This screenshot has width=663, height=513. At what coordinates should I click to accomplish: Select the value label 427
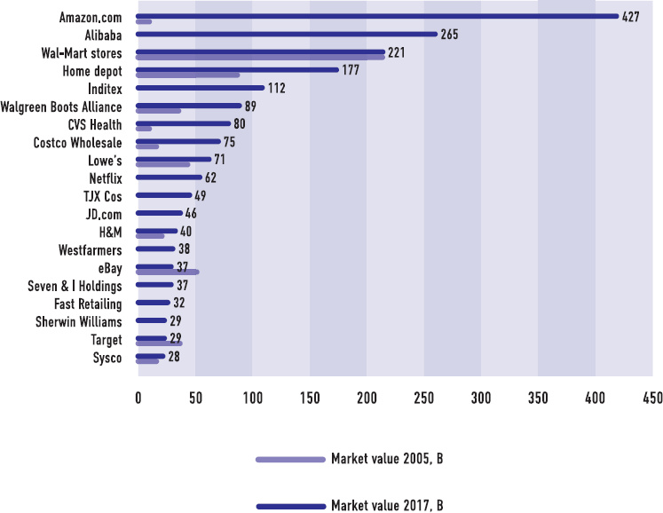631,17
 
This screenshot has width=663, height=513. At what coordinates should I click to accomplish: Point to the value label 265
450,35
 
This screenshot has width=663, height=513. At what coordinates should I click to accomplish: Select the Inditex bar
200,87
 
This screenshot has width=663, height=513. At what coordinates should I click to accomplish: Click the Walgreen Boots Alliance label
66,107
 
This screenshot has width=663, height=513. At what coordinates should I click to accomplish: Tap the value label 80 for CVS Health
239,124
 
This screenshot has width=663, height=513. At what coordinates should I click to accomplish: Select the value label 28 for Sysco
175,357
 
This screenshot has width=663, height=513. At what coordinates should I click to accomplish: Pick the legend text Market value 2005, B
386,460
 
